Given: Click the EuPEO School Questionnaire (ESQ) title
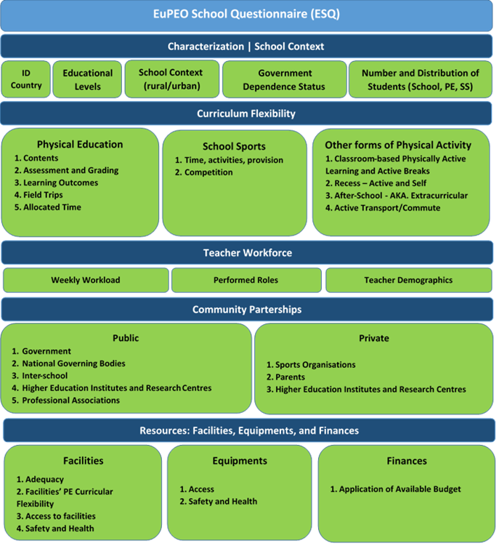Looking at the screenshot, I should point(247,14).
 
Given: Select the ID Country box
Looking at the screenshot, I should point(26,79).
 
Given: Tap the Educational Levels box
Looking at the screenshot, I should point(87,79).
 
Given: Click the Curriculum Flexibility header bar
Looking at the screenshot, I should point(246,113).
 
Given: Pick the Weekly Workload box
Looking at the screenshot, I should point(86,280).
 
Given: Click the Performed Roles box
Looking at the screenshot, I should point(246,280).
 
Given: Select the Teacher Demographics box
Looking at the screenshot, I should point(408,280).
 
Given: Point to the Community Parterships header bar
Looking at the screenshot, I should point(246,310).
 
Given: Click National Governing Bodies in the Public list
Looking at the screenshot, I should point(73,364).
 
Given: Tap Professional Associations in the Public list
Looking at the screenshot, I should point(70,401).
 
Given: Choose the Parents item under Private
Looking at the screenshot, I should point(290,377).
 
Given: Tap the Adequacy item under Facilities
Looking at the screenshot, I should point(44,480).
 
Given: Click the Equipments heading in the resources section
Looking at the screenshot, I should point(240,461).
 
